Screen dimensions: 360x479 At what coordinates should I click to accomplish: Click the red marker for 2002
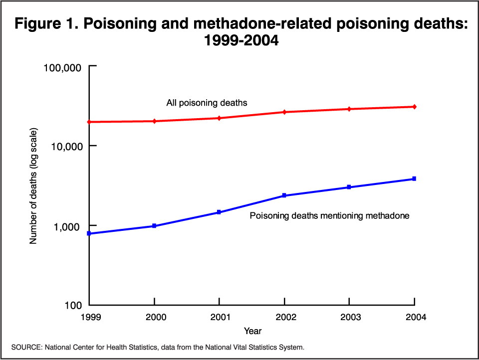[x=284, y=112]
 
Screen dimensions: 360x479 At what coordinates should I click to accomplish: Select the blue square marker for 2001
[x=219, y=212]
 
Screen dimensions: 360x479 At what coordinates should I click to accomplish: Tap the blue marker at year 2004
[x=414, y=179]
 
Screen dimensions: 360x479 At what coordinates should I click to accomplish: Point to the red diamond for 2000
[x=154, y=121]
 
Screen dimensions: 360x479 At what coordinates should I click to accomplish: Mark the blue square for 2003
[x=349, y=187]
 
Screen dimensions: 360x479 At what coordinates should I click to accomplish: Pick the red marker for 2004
[x=414, y=107]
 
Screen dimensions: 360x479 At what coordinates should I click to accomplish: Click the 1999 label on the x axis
[x=90, y=317]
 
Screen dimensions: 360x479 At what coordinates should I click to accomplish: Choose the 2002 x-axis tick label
[x=284, y=317]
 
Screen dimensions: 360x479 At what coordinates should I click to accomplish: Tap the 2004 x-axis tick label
[x=414, y=317]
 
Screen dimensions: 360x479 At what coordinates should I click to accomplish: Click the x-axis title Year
[x=252, y=331]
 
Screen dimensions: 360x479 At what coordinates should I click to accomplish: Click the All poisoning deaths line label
[x=207, y=103]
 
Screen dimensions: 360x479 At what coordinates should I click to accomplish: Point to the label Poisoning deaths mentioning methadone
[x=329, y=216]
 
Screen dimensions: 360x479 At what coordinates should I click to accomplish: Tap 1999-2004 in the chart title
[x=239, y=41]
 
